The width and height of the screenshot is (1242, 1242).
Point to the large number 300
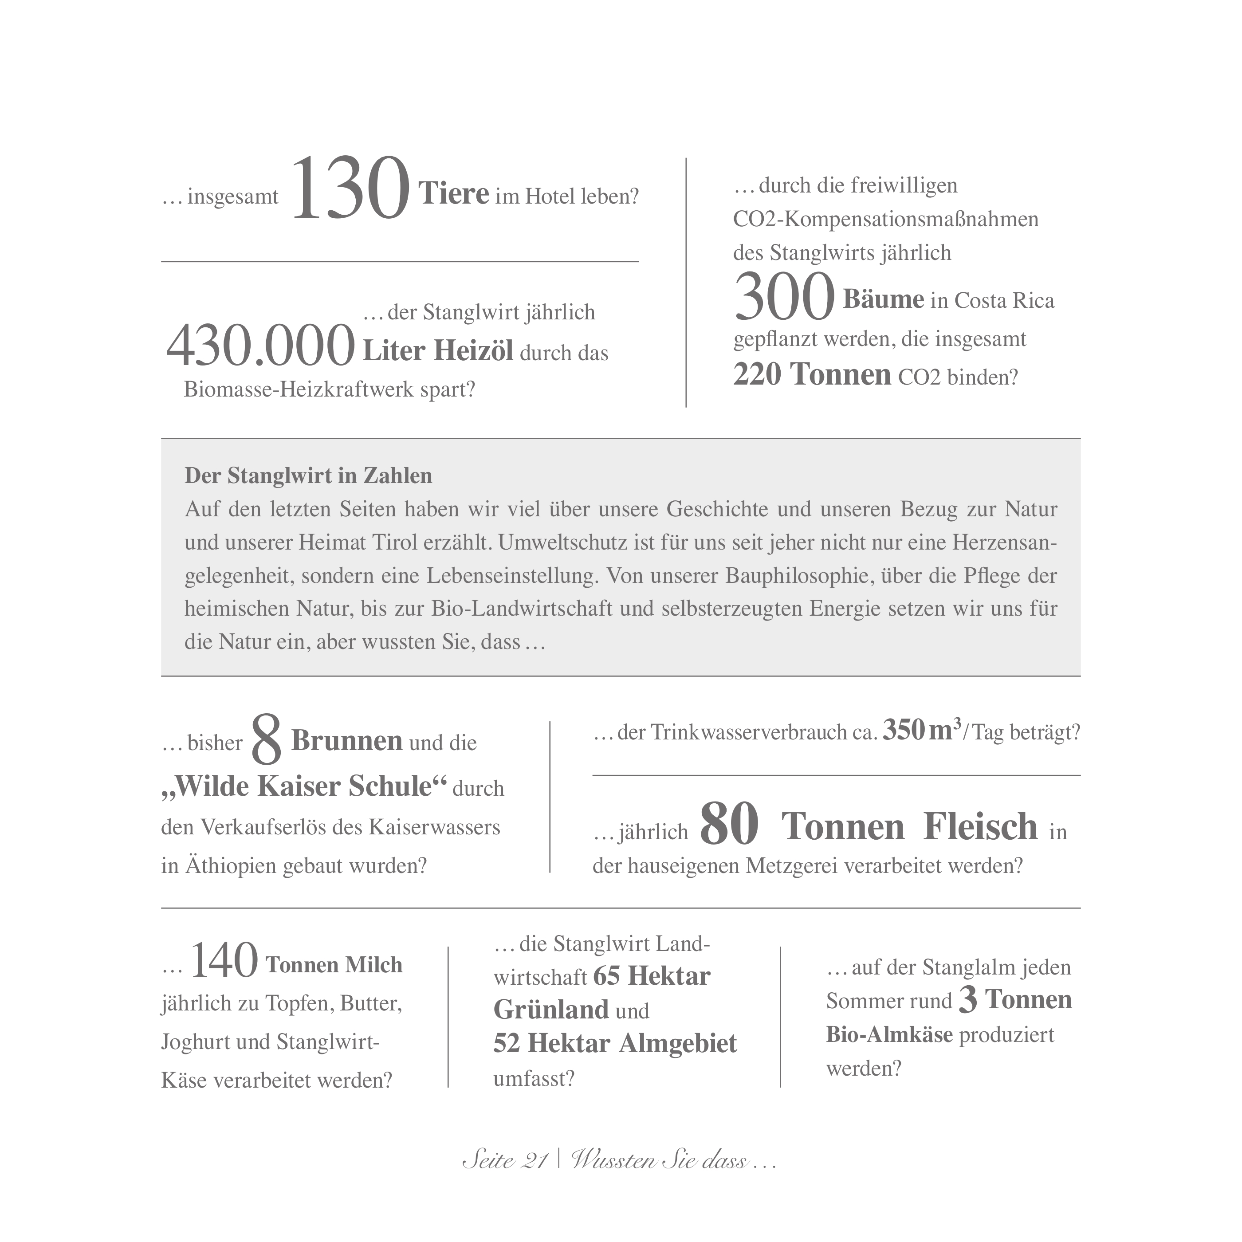tap(784, 297)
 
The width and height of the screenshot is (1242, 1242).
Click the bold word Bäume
tap(883, 299)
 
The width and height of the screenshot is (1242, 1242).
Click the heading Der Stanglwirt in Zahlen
tap(309, 476)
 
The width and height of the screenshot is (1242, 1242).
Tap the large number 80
tap(729, 825)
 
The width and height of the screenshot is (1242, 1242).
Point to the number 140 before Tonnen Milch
tap(224, 962)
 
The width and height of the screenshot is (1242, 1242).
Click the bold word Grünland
tap(551, 1010)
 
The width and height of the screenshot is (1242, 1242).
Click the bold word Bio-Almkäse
tap(889, 1034)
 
